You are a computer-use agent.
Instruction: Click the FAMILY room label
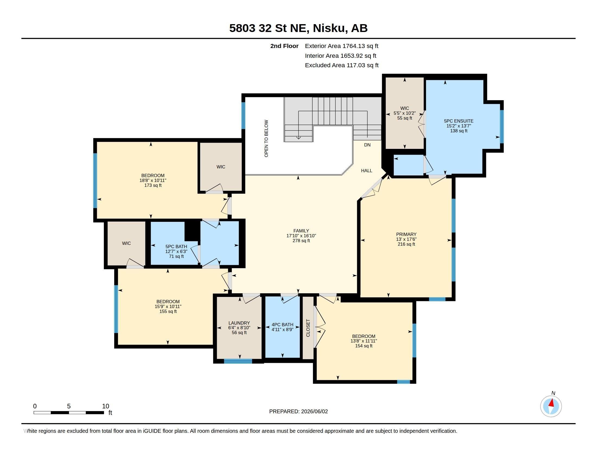coord(301,231)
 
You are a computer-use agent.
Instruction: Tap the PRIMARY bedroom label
coord(406,234)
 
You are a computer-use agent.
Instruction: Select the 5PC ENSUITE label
coord(459,121)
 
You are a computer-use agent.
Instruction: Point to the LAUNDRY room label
coord(239,323)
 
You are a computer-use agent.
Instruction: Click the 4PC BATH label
coord(282,325)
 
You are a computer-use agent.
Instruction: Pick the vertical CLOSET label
coord(308,328)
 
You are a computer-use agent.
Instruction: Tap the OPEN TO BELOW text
coord(266,139)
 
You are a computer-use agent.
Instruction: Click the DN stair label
coord(367,145)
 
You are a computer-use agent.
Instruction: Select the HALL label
coord(367,171)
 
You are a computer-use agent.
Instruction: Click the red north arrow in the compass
coord(552,403)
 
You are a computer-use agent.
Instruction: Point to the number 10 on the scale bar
coord(106,406)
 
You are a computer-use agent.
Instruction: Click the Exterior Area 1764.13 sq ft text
coord(342,46)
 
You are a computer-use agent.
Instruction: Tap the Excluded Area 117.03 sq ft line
coord(342,65)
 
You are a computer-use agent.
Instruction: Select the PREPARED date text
coord(298,411)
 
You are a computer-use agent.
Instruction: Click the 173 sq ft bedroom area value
coord(153,185)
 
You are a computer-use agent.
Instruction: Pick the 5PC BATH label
coord(176,246)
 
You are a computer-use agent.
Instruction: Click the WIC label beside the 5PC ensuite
coord(405,108)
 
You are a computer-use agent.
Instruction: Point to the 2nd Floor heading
coord(284,46)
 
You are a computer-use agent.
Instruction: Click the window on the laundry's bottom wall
coord(238,361)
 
